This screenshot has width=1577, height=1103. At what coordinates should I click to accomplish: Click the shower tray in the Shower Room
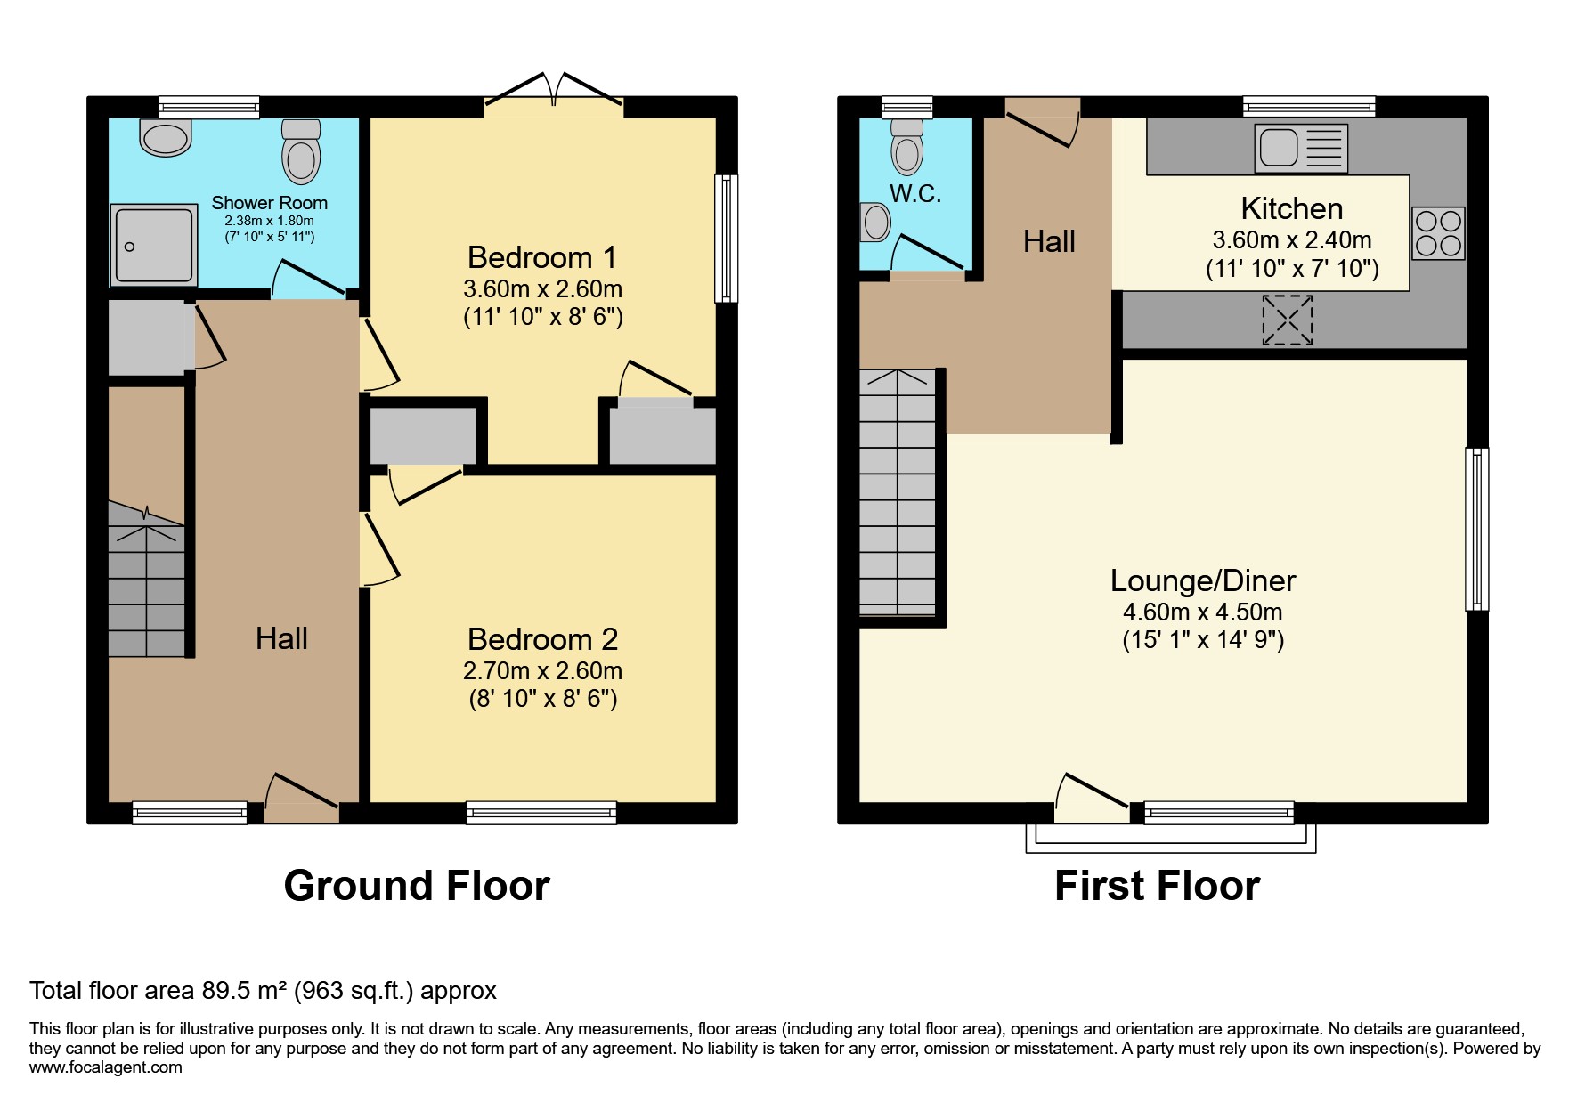(153, 245)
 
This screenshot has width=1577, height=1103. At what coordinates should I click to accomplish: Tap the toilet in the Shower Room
(301, 153)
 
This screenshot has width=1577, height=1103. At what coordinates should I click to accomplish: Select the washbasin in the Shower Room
(166, 138)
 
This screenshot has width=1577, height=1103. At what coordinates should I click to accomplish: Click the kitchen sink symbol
(1300, 148)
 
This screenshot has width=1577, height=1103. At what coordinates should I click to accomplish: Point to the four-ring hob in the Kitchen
(1438, 232)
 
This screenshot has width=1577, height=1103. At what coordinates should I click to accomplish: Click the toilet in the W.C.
(906, 148)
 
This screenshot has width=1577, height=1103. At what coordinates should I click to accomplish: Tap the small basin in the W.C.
(876, 222)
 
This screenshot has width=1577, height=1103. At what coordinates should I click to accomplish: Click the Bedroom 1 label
(541, 257)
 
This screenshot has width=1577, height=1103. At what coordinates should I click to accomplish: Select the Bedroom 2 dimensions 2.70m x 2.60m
(542, 670)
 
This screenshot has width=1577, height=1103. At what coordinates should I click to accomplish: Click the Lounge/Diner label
(1202, 580)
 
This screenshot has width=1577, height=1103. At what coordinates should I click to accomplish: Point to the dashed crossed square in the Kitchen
(1288, 320)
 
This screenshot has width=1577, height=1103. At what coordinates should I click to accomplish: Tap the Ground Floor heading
(417, 886)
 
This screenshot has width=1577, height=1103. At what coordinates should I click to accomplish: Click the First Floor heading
(1157, 886)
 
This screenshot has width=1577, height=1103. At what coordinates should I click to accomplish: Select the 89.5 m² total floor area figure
(242, 990)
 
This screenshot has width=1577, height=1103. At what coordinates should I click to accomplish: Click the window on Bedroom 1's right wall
(727, 239)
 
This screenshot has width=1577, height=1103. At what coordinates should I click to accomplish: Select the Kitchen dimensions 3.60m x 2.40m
(1291, 239)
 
